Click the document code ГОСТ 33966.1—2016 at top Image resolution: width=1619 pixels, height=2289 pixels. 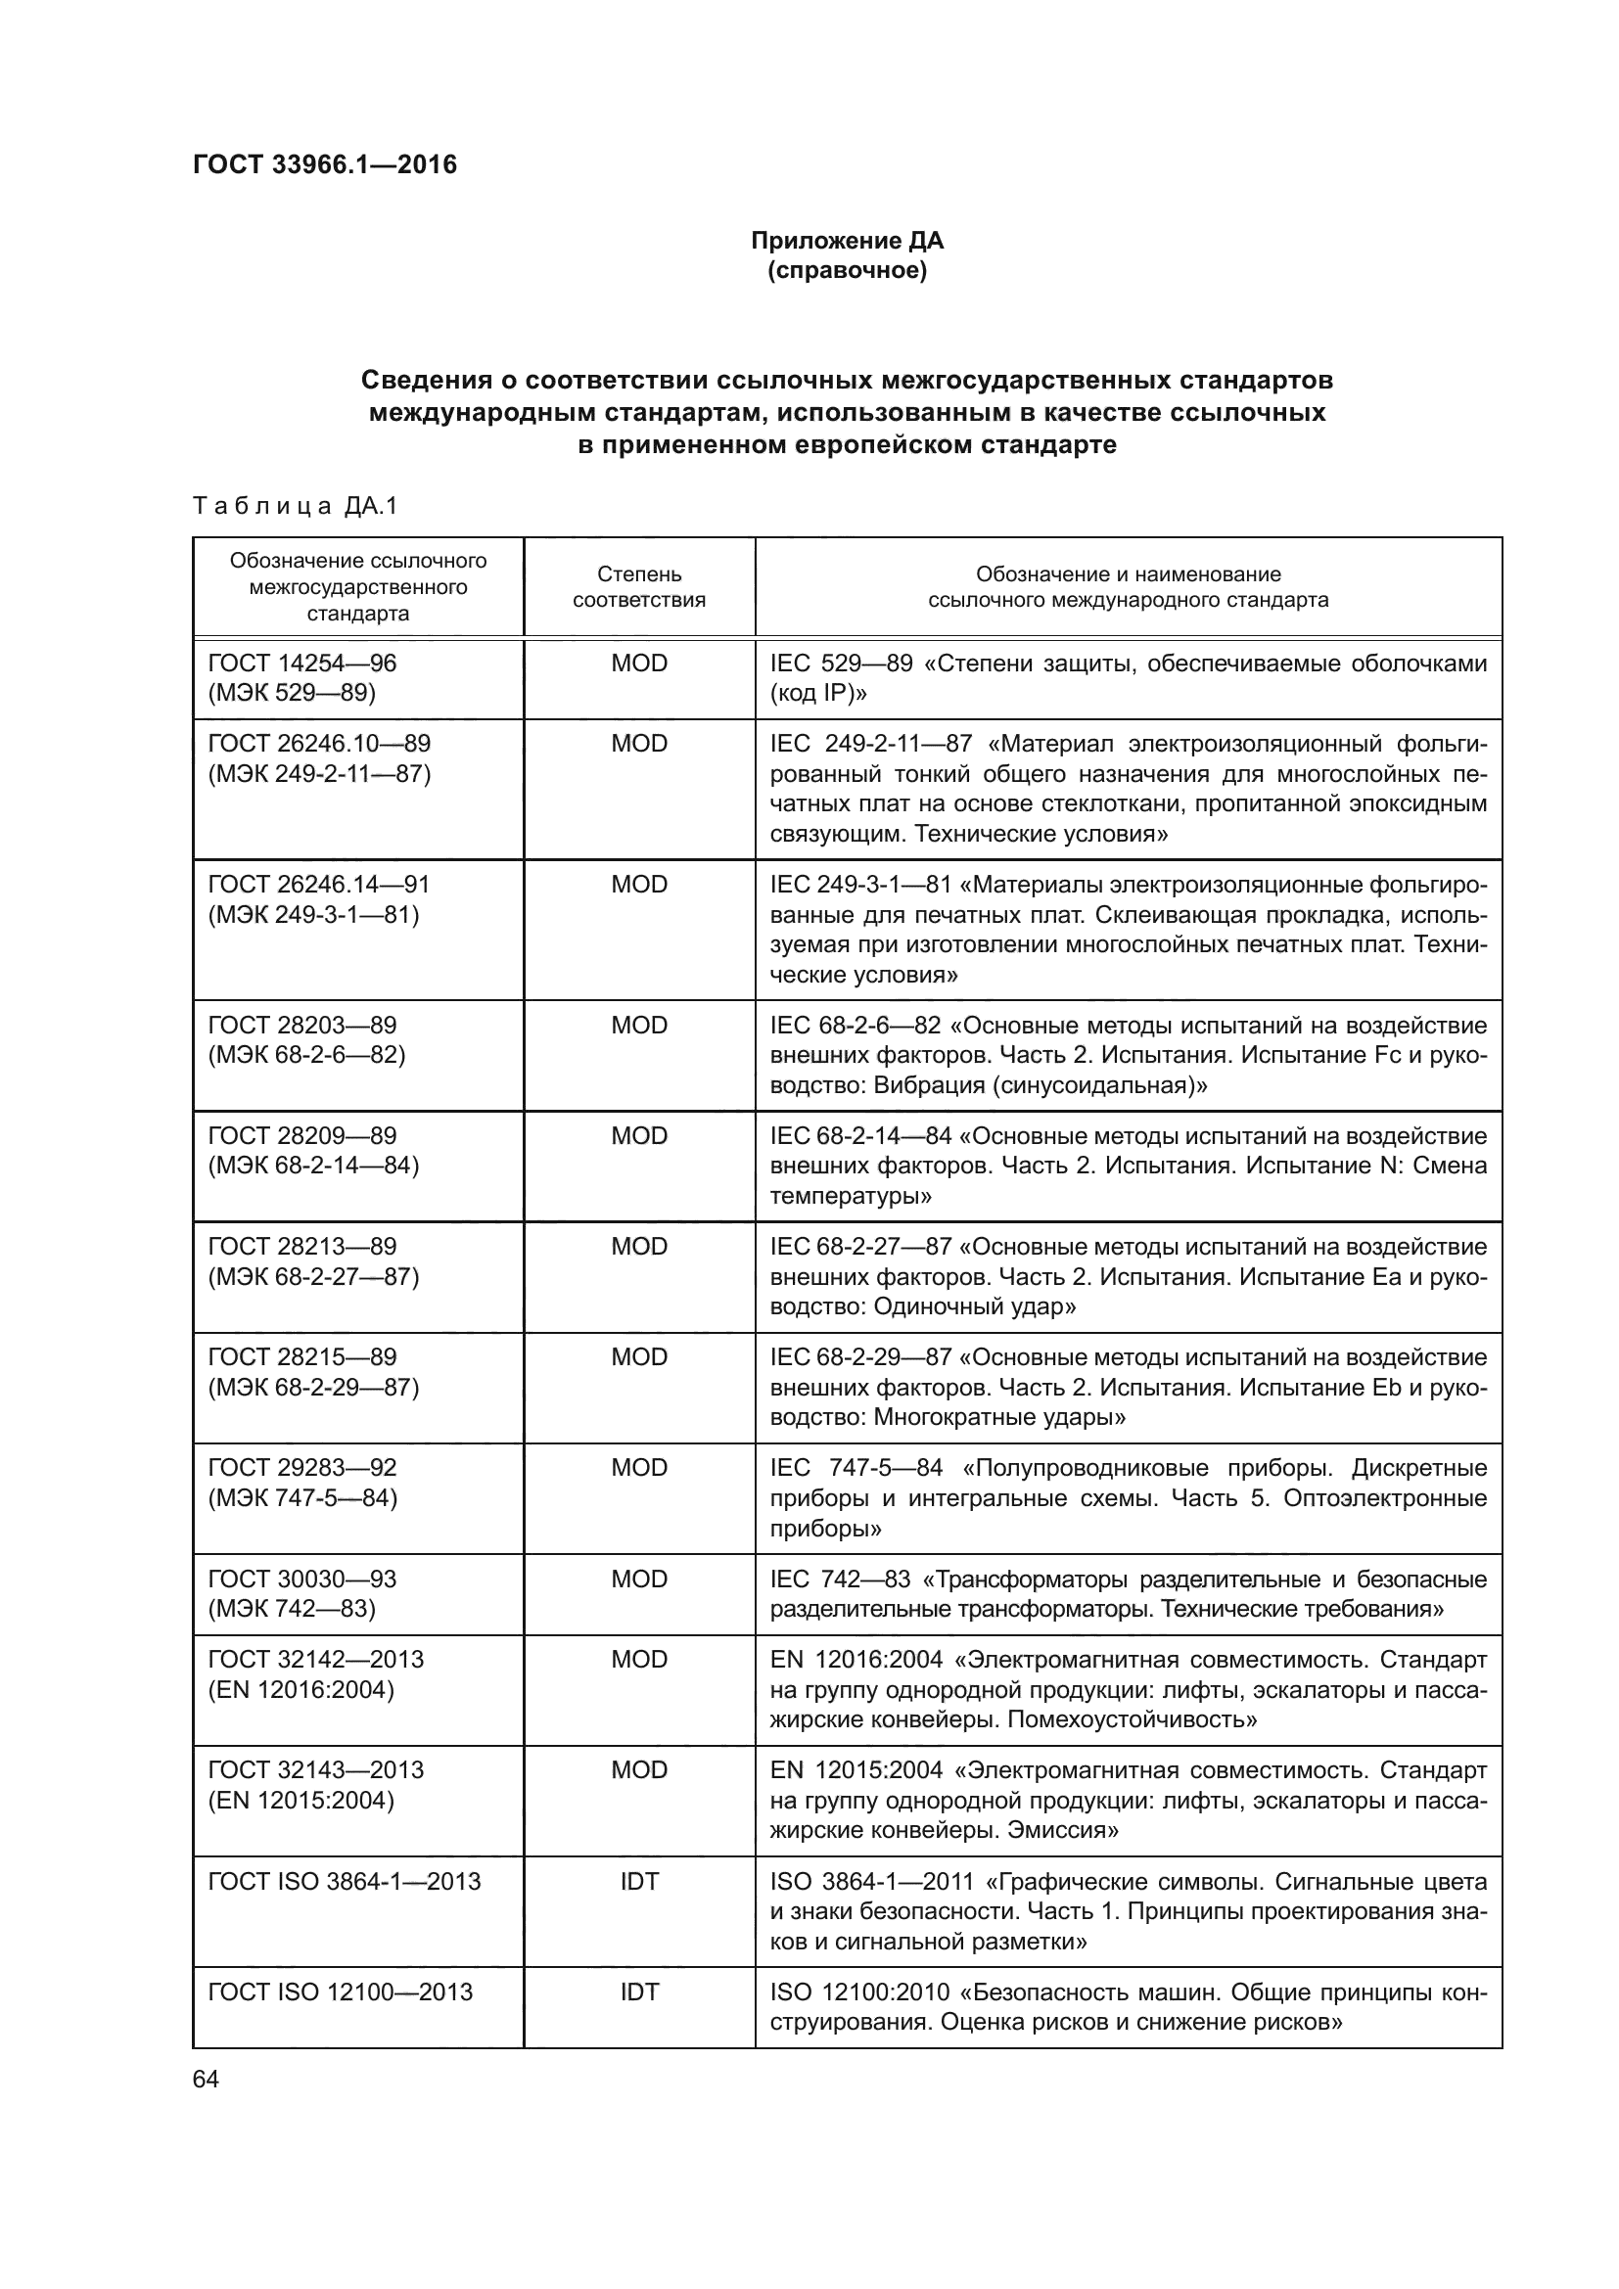[x=324, y=164]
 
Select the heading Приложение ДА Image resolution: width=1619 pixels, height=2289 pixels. [x=847, y=242]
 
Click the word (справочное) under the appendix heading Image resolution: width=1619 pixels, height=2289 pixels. [x=847, y=271]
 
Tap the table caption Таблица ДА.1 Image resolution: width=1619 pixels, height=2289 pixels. [x=295, y=507]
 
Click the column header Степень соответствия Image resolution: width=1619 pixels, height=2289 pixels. [x=639, y=587]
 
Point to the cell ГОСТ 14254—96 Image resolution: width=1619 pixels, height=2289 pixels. [x=302, y=663]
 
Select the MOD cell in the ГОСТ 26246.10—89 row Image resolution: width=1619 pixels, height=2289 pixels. [x=639, y=744]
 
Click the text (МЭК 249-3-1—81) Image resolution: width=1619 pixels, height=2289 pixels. [x=313, y=914]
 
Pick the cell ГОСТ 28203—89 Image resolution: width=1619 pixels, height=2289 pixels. [x=302, y=1025]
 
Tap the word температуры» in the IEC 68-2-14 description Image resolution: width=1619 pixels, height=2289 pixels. [x=851, y=1195]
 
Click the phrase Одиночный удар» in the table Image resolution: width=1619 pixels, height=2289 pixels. [x=974, y=1306]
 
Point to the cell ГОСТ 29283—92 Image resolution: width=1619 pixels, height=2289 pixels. [x=302, y=1468]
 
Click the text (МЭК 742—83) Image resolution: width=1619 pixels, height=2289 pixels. [x=291, y=1608]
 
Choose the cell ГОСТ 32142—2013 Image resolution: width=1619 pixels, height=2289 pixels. [x=316, y=1659]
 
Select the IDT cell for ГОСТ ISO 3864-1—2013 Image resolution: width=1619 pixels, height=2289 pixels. [x=639, y=1881]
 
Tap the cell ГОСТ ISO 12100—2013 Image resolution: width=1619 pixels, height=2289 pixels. [x=340, y=1991]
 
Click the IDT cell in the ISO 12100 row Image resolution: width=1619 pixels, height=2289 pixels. [x=639, y=1991]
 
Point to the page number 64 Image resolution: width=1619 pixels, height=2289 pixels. [x=206, y=2080]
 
